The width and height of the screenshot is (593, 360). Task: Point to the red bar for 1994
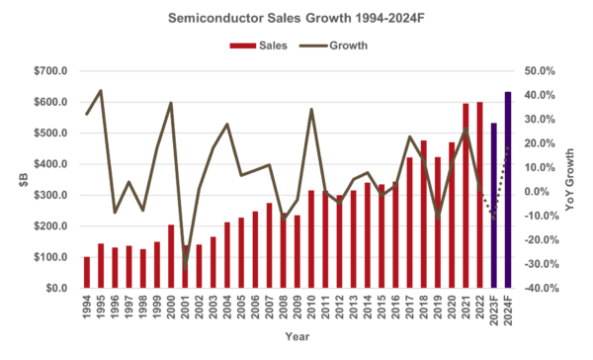pyautogui.click(x=86, y=273)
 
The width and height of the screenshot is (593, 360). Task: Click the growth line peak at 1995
pyautogui.click(x=101, y=91)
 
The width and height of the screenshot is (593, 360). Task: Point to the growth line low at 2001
pyautogui.click(x=185, y=267)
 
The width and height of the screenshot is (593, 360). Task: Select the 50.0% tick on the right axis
pyautogui.click(x=541, y=71)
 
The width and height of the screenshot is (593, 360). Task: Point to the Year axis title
pyautogui.click(x=296, y=337)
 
